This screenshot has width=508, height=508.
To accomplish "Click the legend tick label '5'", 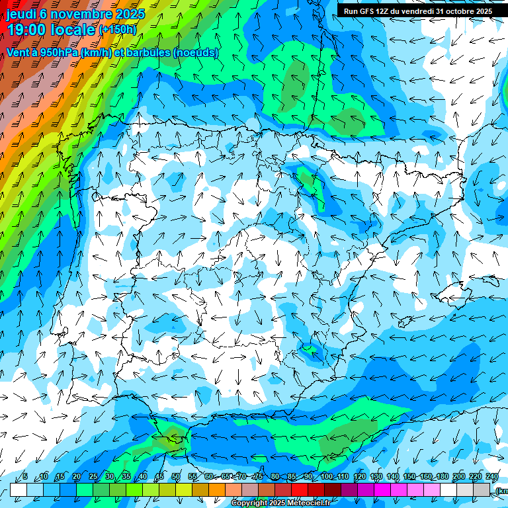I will coord(25,476).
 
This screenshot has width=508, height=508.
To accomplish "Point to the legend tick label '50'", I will coord(175,476).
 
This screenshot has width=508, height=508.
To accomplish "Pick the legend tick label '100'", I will coord(326,476).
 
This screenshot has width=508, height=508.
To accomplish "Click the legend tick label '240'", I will coord(491,476).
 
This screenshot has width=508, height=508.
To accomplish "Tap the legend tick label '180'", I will coord(442,476).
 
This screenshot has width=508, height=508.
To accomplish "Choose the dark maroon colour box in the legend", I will coord(333,489).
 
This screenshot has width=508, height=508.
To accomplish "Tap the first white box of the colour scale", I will coord(18,489).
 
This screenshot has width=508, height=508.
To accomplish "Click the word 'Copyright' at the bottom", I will coord(249,503).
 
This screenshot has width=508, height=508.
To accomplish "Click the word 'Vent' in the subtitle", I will coord(19,52).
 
